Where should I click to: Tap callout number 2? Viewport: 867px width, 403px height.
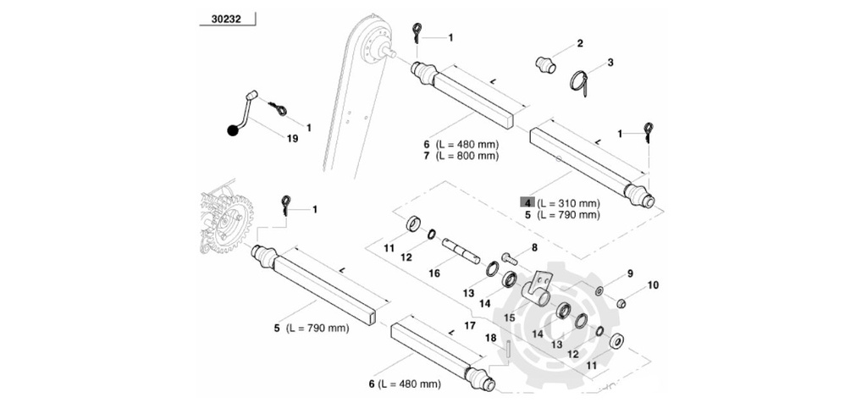click(x=580, y=43)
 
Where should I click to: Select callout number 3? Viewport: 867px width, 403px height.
click(x=610, y=63)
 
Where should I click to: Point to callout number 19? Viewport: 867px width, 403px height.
click(x=292, y=139)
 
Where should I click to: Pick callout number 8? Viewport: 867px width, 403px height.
click(x=534, y=248)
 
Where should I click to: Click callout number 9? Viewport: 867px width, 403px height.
click(x=630, y=273)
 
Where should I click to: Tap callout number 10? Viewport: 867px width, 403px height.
click(x=652, y=286)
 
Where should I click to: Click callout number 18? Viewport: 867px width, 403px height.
click(x=490, y=339)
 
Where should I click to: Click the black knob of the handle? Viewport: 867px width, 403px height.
click(x=232, y=130)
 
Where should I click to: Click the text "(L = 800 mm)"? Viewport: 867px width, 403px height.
click(x=467, y=156)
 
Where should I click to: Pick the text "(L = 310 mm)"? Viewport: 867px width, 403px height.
click(x=567, y=203)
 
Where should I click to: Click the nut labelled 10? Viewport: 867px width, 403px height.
click(x=621, y=303)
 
